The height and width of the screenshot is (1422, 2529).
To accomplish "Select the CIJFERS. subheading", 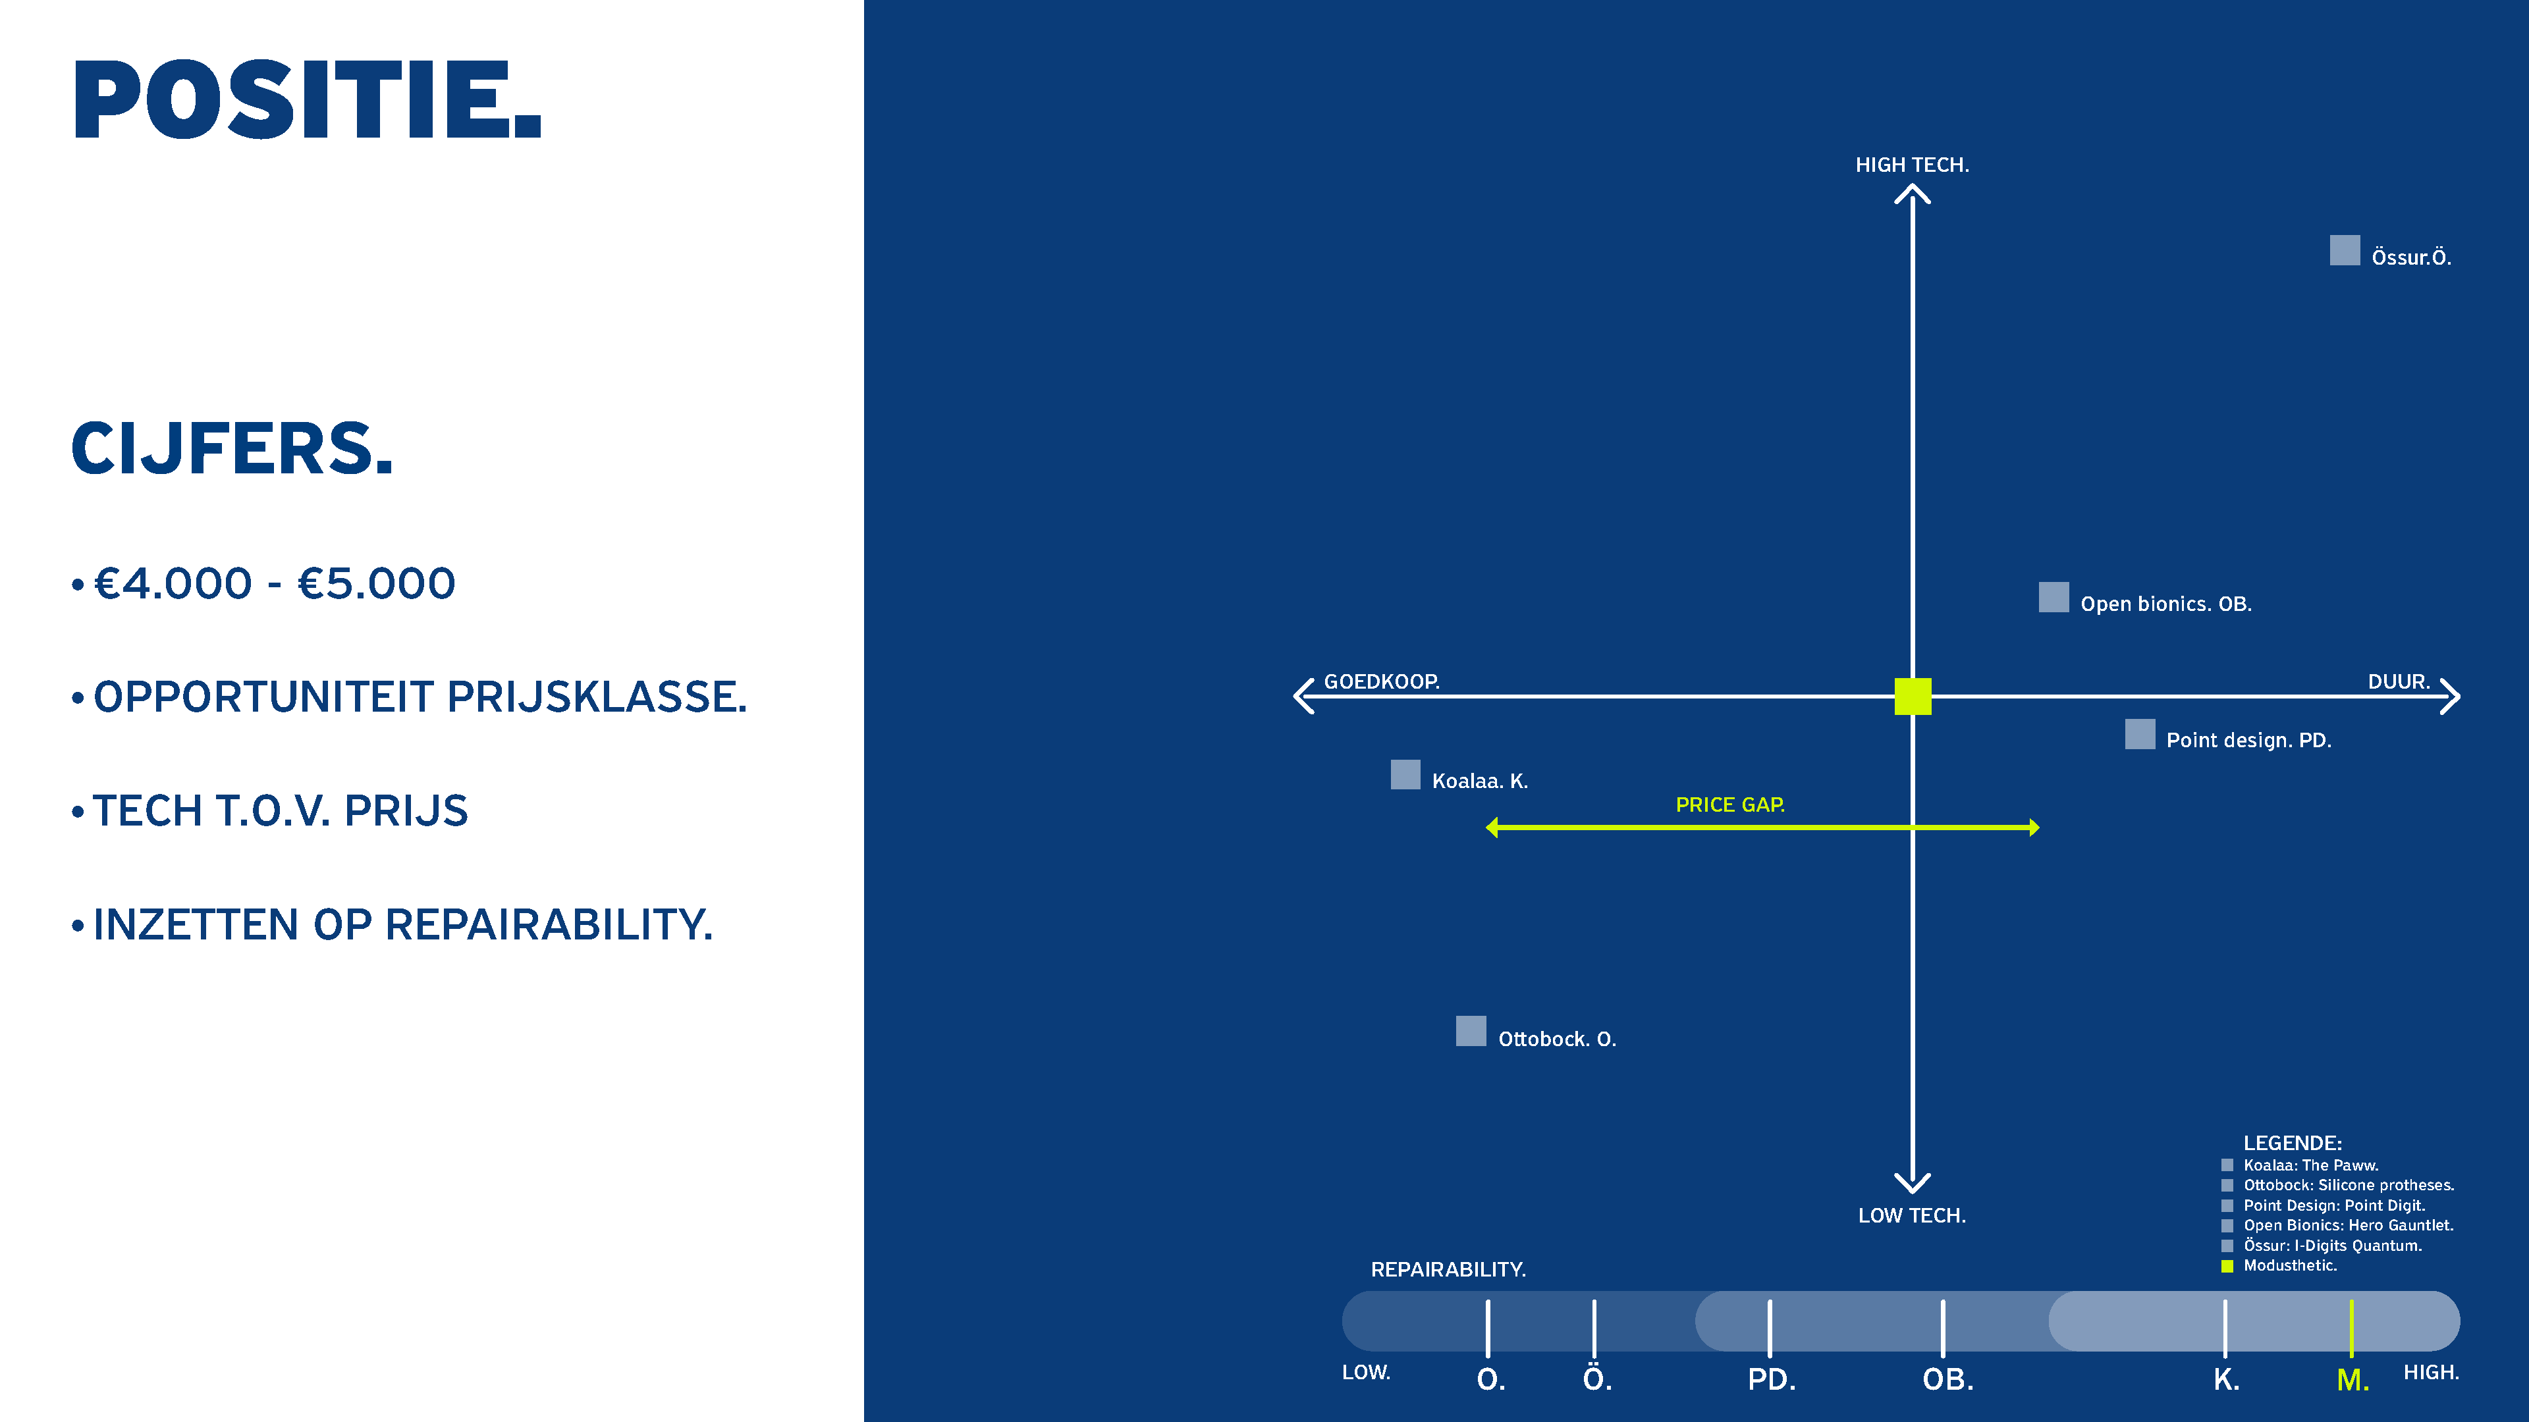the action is (232, 450).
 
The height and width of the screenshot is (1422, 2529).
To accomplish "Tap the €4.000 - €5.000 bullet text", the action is (274, 584).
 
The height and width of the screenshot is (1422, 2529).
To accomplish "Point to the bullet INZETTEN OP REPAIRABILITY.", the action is (402, 924).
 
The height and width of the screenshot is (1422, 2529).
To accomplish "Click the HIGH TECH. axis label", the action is (1911, 165).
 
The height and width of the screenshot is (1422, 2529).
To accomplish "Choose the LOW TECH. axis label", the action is (1911, 1215).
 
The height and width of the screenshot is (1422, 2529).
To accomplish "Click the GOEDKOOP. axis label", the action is (1381, 681).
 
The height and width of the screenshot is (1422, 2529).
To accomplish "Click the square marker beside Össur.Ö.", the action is (2345, 250).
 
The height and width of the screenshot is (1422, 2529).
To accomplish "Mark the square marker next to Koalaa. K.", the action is (1405, 774).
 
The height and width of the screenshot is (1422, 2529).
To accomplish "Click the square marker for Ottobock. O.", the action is (1470, 1030).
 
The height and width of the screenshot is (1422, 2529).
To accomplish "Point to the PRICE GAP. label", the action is (1730, 804).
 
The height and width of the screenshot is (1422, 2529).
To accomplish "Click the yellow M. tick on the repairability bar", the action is (2351, 1327).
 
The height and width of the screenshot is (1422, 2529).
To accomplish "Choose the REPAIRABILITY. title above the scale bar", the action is (1448, 1269).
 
